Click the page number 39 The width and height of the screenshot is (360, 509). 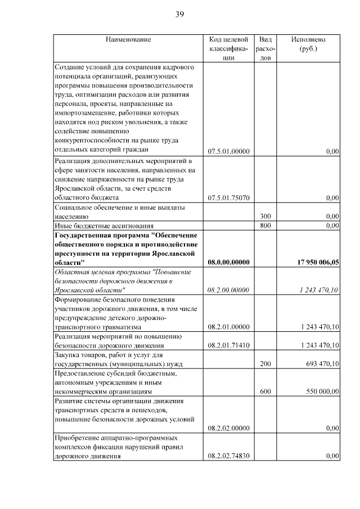click(179, 14)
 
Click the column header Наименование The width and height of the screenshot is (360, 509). click(128, 39)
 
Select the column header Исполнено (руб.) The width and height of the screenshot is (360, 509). click(308, 44)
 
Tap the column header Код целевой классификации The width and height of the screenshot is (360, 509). click(228, 48)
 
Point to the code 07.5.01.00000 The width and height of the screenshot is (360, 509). click(228, 151)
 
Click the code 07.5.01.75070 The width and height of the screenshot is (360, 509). click(228, 198)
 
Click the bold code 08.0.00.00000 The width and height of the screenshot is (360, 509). click(228, 262)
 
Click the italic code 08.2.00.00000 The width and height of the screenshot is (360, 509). click(228, 290)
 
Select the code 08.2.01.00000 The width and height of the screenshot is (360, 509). click(228, 326)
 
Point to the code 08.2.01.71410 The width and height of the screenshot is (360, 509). click(228, 345)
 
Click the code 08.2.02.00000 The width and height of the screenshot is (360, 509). click(228, 428)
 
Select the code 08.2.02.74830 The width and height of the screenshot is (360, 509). click(228, 456)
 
